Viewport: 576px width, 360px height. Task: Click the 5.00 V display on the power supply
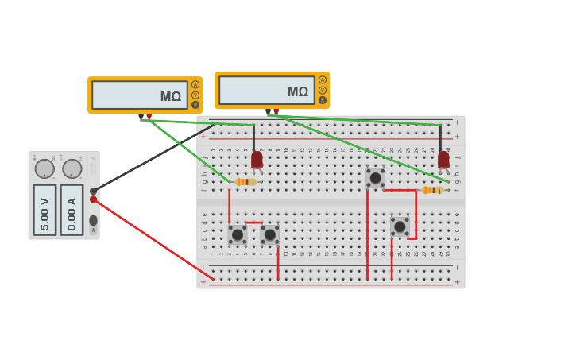44,210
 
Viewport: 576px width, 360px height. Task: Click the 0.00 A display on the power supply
72,210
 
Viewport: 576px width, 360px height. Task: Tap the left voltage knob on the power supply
44,168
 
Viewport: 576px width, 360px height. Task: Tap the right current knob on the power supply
72,168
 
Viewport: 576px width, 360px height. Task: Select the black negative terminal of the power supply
93,191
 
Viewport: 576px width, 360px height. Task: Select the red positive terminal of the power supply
93,199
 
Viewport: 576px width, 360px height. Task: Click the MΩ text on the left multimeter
170,97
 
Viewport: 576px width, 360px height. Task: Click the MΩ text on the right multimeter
297,92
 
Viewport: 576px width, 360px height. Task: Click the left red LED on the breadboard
257,160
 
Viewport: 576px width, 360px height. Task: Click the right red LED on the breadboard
443,160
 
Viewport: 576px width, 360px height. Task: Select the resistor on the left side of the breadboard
245,182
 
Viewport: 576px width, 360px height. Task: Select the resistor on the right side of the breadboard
432,190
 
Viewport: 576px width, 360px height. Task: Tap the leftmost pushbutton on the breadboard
237,234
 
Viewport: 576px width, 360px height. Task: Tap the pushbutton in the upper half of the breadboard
375,177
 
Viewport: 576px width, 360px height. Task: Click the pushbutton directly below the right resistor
400,226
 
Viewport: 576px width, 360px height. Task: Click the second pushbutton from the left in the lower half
269,234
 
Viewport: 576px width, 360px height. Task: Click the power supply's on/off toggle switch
93,220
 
